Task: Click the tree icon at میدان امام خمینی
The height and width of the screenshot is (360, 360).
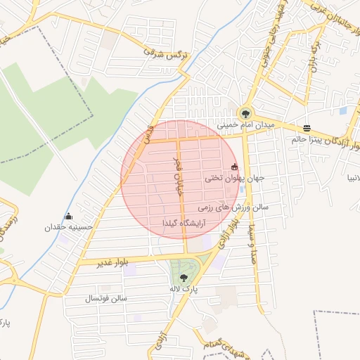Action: (245, 112)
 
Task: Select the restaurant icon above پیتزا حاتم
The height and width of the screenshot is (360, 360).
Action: (307, 128)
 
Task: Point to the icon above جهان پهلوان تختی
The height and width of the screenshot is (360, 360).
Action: (234, 167)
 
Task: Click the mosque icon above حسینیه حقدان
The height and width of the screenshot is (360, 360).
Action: (68, 216)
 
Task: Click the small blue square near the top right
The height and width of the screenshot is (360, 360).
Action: (343, 111)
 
